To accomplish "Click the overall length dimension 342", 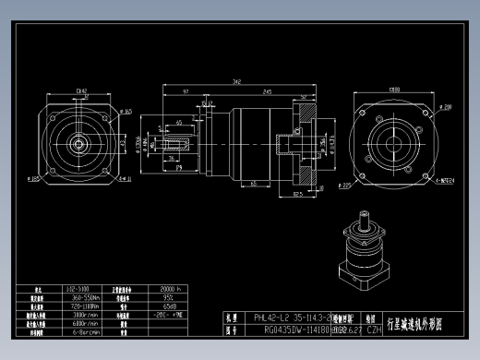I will click(238, 82).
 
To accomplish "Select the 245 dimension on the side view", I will click(267, 91).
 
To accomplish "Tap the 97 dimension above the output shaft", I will click(186, 91).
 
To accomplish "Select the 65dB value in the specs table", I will click(171, 306).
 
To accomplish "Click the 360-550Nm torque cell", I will click(86, 298).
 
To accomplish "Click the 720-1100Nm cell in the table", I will click(86, 306).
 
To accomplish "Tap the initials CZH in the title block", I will click(374, 328).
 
